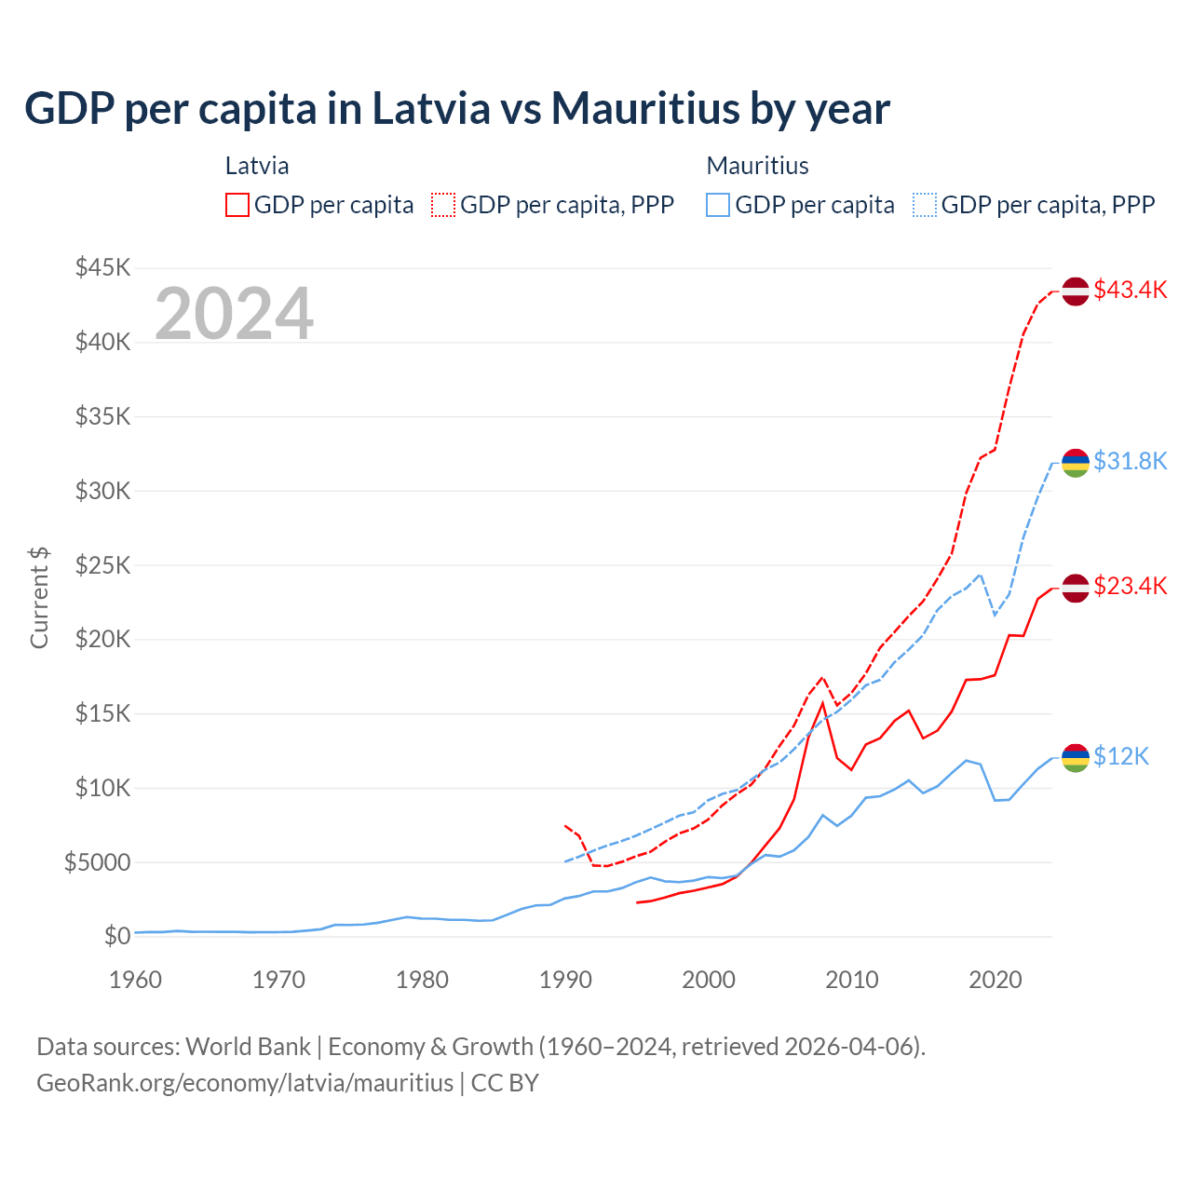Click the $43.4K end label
1130,290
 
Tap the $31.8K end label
1130,461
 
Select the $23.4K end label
1130,586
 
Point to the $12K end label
1121,756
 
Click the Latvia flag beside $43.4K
1076,291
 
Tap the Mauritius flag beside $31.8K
1076,462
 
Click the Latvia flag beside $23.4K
1076,588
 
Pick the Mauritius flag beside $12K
1076,758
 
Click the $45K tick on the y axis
103,268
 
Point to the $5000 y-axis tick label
98,862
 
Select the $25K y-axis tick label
103,565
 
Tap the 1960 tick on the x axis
136,980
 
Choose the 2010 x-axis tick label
852,980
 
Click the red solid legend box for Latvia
237,205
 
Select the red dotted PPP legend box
443,205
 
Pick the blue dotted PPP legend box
925,205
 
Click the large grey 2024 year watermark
234,314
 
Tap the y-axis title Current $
39,598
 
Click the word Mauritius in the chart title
641,108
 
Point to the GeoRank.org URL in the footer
245,1083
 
